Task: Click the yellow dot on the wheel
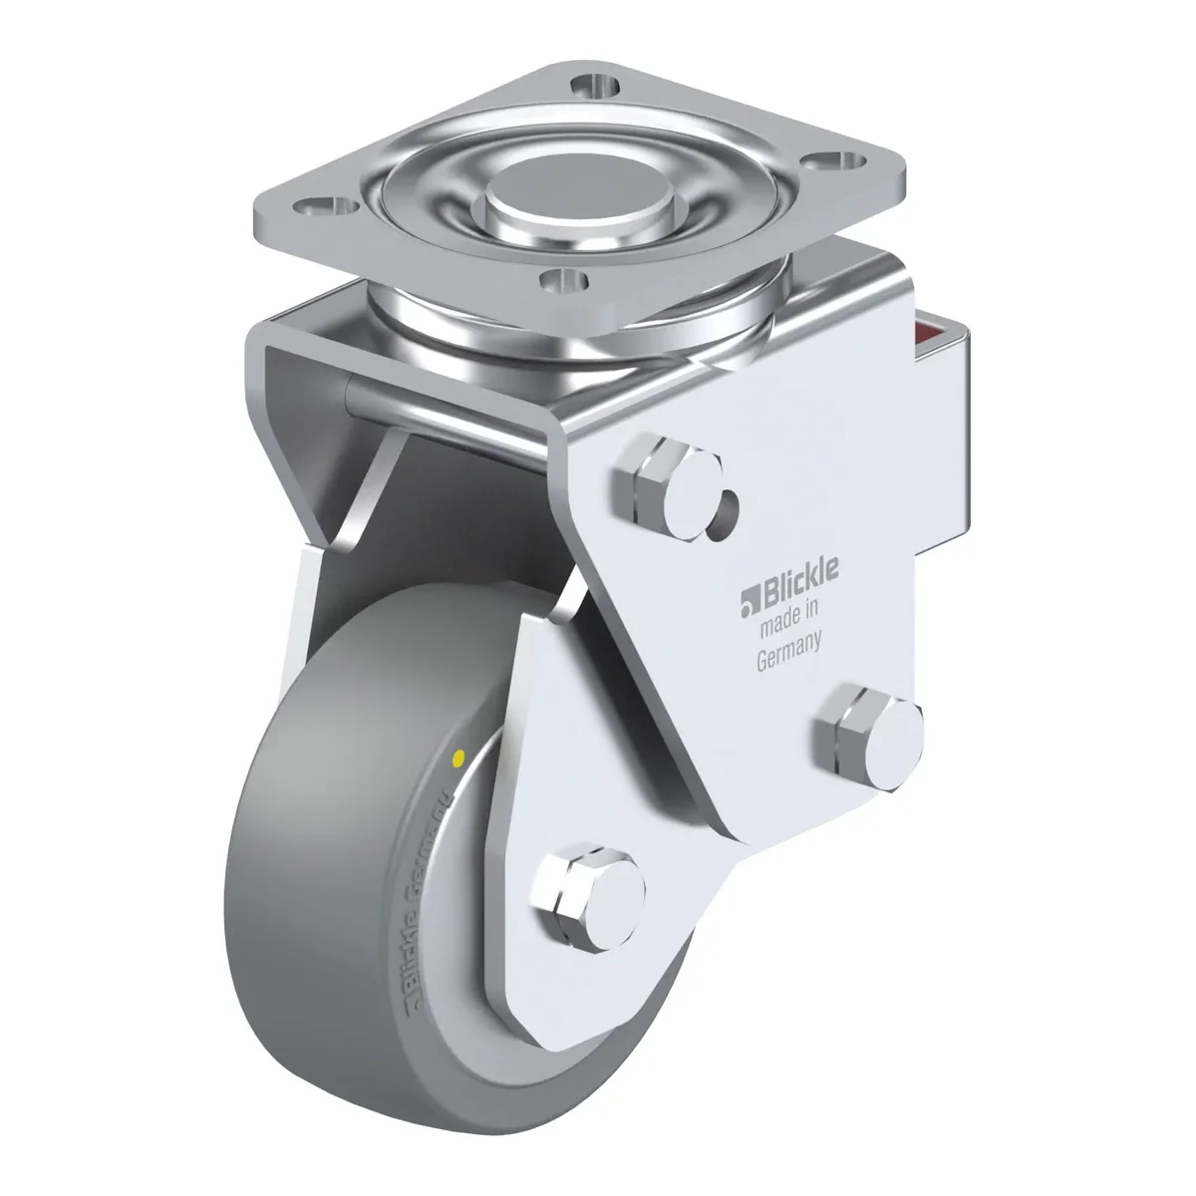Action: click(x=459, y=756)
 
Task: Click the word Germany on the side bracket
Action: click(x=789, y=653)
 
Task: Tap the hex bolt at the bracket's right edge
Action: click(x=870, y=737)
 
